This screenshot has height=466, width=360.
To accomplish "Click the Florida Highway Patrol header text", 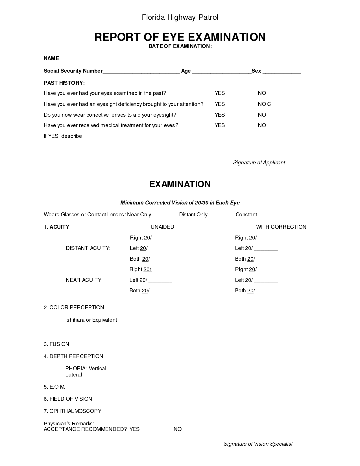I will (x=180, y=18).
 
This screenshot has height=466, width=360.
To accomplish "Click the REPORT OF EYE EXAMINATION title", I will (x=180, y=37).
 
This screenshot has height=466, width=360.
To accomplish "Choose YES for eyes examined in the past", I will (x=220, y=93).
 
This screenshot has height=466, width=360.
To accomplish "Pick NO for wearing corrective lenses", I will (x=262, y=115).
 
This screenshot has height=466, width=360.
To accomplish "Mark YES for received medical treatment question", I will (x=220, y=125).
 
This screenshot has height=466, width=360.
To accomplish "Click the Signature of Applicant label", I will (x=259, y=163).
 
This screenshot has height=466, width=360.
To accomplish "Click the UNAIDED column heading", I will (x=162, y=227).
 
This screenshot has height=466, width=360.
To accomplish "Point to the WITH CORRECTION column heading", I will (x=281, y=227).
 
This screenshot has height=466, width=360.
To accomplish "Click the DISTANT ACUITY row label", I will (x=88, y=248).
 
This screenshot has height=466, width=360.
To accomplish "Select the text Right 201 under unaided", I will (x=141, y=269).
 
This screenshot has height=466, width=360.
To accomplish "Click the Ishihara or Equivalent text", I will (x=91, y=320).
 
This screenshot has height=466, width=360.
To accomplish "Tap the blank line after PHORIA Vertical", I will (x=158, y=369).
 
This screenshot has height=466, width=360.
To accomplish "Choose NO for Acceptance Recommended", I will (x=178, y=429).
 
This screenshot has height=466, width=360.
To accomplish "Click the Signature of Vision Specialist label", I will (x=258, y=444).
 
